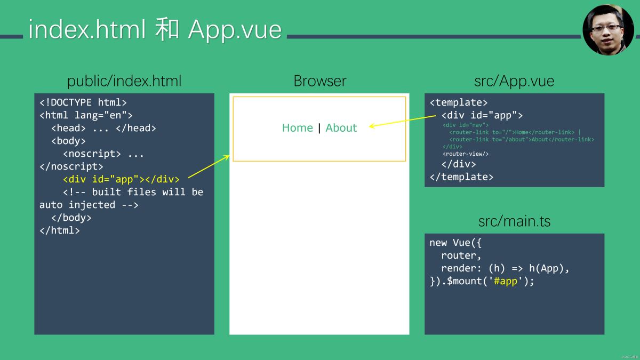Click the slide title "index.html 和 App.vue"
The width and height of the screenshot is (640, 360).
(155, 29)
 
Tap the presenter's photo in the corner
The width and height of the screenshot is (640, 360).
(608, 30)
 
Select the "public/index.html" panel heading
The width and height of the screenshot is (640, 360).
(124, 81)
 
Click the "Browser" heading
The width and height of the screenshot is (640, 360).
(319, 81)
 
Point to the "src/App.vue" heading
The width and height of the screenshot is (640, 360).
(514, 81)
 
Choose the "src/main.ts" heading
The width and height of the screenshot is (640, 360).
(514, 221)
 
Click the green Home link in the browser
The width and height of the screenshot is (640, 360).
(297, 128)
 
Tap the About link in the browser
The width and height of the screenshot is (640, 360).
(341, 128)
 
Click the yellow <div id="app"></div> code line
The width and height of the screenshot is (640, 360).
(121, 179)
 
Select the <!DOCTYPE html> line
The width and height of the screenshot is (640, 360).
(83, 102)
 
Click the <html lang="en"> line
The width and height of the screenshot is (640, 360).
(86, 115)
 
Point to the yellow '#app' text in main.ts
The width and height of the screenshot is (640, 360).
(506, 281)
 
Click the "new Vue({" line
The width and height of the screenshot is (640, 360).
(455, 243)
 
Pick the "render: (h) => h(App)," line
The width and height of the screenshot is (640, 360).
(505, 268)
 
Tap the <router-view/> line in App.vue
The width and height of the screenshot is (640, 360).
(465, 154)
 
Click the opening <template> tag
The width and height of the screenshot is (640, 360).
(459, 102)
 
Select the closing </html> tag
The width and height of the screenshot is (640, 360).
(60, 230)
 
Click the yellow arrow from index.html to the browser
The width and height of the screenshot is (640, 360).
(209, 166)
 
